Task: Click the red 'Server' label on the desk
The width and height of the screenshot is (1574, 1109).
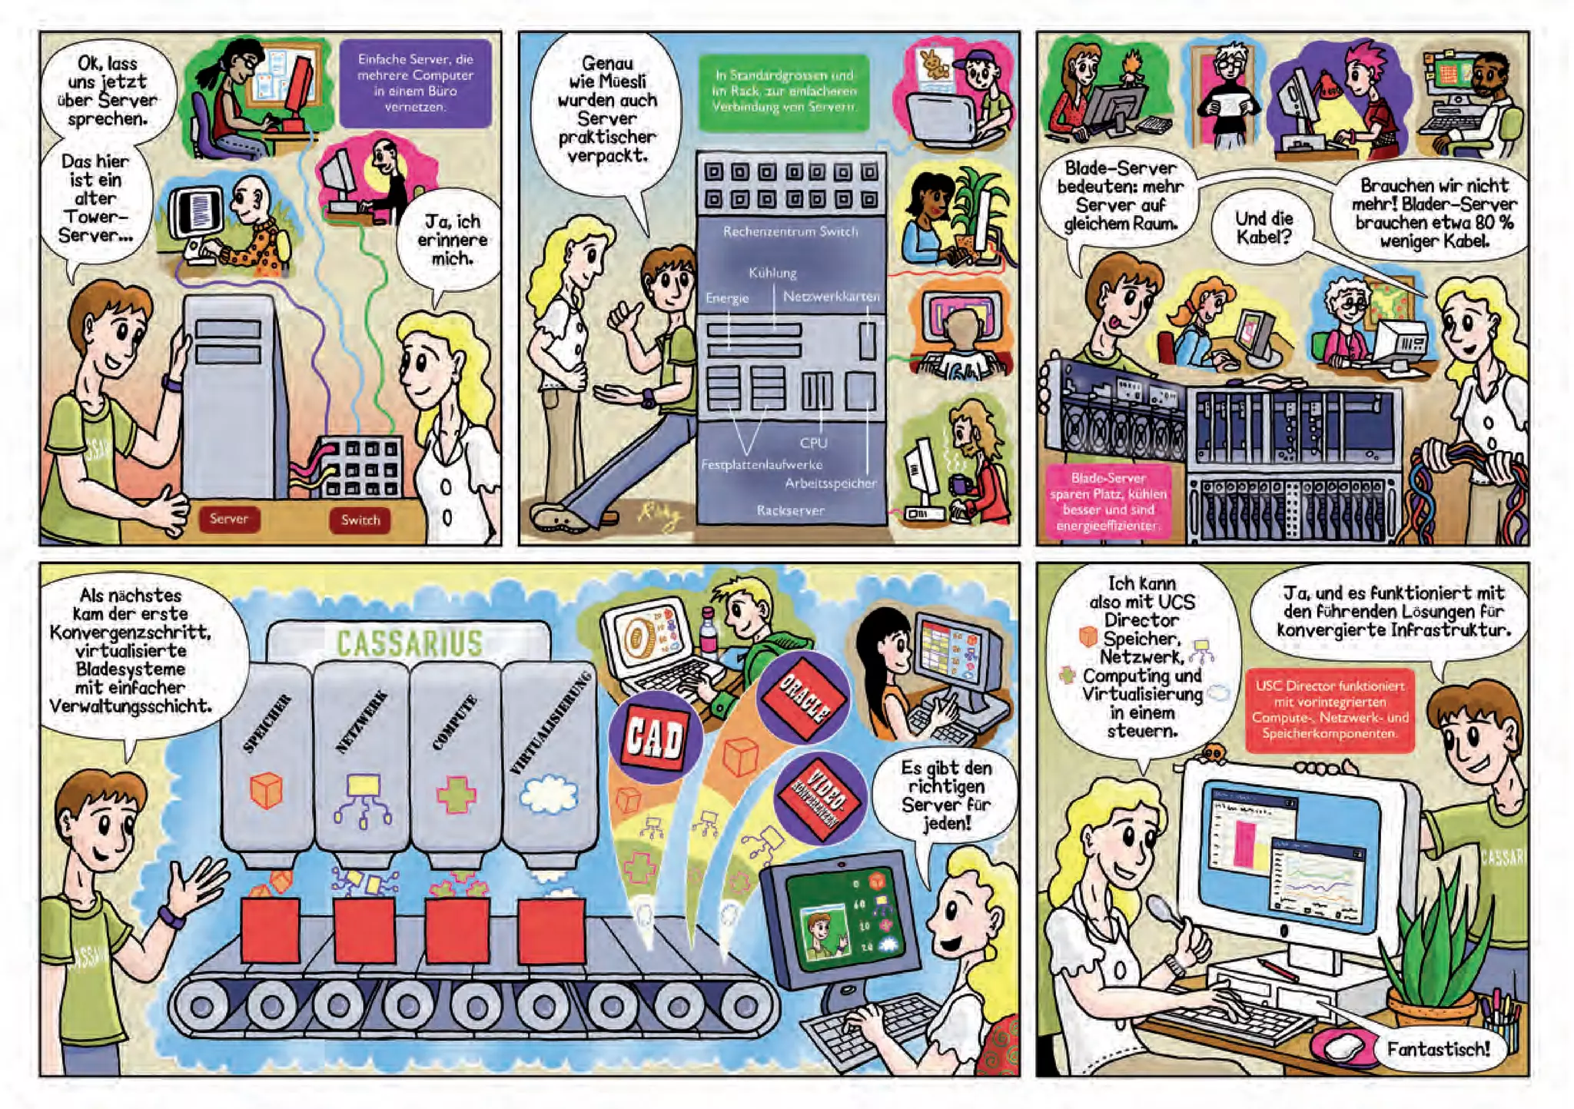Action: click(x=228, y=519)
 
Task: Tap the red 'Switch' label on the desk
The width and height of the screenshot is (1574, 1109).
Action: click(x=360, y=520)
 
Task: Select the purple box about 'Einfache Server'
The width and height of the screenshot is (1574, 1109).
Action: click(x=415, y=83)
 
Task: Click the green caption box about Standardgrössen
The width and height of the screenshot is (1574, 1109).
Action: click(x=784, y=91)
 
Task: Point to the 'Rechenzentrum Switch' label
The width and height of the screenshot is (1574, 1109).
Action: click(x=790, y=231)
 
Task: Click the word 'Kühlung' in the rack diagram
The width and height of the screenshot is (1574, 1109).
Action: click(x=772, y=273)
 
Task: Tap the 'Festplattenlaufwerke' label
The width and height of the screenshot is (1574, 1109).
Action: click(x=761, y=464)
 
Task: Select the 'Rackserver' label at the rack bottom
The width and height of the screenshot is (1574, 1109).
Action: click(x=790, y=510)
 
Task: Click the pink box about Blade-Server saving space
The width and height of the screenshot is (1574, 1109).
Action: click(x=1107, y=502)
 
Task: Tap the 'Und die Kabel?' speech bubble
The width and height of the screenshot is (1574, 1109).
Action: click(x=1264, y=228)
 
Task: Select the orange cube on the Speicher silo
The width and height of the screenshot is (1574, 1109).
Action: click(x=266, y=790)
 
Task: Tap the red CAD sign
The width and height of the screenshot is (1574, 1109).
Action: click(x=654, y=738)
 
